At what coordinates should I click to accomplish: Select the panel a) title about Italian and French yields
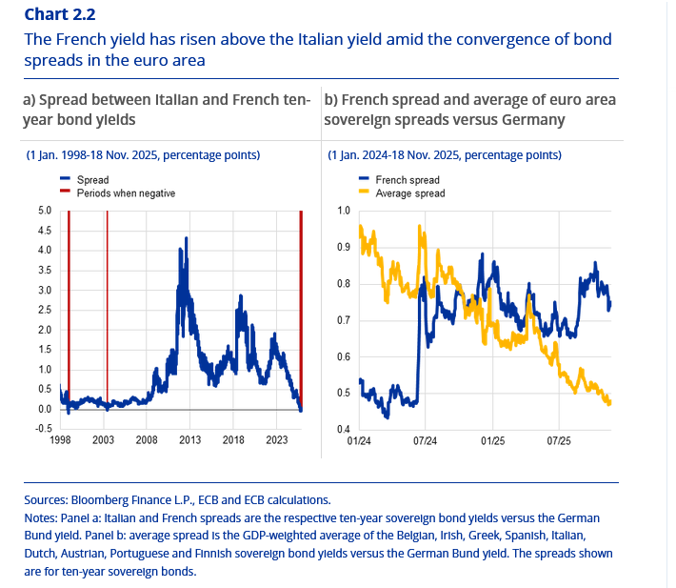pos(166,110)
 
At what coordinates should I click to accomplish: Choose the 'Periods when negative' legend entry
pos(126,193)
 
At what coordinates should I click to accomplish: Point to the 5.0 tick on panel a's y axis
pos(45,211)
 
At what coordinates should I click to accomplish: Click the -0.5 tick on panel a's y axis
pos(44,429)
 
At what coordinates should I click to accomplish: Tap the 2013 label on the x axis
pos(189,440)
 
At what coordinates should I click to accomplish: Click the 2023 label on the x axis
pos(277,440)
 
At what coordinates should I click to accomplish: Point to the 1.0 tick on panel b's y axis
pos(345,211)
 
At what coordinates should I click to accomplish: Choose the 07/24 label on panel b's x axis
pos(426,441)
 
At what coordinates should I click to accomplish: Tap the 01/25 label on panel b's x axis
pos(492,441)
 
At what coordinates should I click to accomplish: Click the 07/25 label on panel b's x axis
pos(559,441)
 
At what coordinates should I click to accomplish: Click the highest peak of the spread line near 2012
pos(180,249)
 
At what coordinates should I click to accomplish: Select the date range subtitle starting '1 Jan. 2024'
pos(444,154)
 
